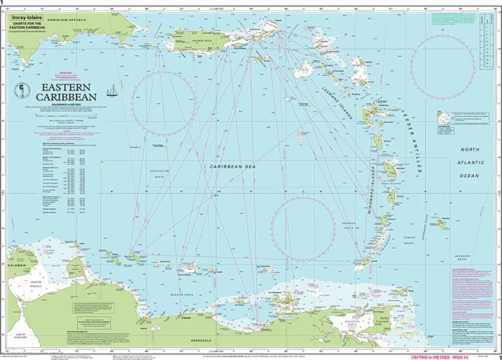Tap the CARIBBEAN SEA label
click(x=231, y=166)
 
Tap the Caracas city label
click(x=189, y=314)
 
